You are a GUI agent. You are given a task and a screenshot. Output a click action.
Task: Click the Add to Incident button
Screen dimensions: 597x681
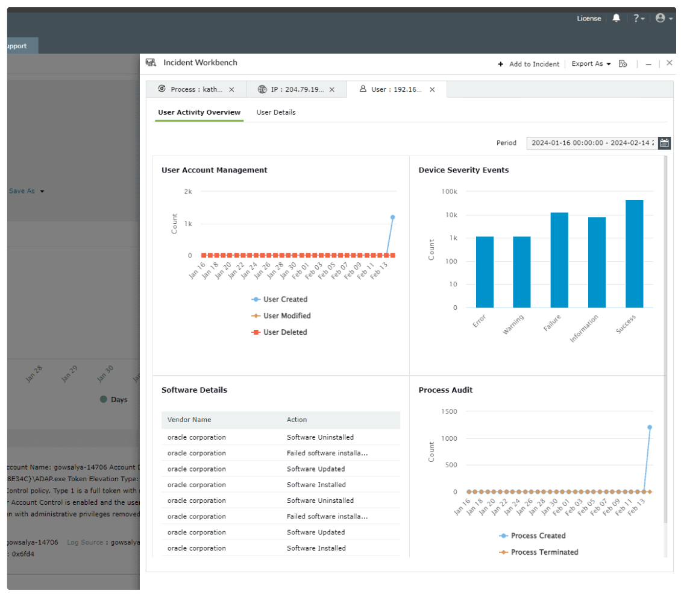529,64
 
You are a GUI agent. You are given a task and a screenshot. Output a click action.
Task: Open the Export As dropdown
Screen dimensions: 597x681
591,64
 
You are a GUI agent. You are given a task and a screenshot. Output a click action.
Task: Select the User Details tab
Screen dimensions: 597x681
276,112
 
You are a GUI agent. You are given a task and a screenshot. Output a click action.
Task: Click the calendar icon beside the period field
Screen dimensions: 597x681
664,143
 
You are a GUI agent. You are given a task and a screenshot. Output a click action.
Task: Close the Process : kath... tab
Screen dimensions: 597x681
231,89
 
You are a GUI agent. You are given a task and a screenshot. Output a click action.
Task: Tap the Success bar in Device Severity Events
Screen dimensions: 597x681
634,253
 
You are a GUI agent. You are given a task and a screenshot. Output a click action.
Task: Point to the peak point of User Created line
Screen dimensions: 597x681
392,217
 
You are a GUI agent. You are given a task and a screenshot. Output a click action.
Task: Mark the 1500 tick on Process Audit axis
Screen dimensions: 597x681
450,411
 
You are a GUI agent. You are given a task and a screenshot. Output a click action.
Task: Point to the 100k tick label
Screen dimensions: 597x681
449,192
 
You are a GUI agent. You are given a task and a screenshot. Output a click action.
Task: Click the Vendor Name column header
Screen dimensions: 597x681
189,420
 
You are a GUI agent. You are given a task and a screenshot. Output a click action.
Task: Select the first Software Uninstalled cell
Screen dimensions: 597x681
320,437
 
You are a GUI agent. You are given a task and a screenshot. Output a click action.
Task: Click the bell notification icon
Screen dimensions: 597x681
616,19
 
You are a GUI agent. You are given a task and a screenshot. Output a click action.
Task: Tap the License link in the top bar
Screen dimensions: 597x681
589,19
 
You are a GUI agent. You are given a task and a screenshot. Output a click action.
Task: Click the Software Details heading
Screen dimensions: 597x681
194,390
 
